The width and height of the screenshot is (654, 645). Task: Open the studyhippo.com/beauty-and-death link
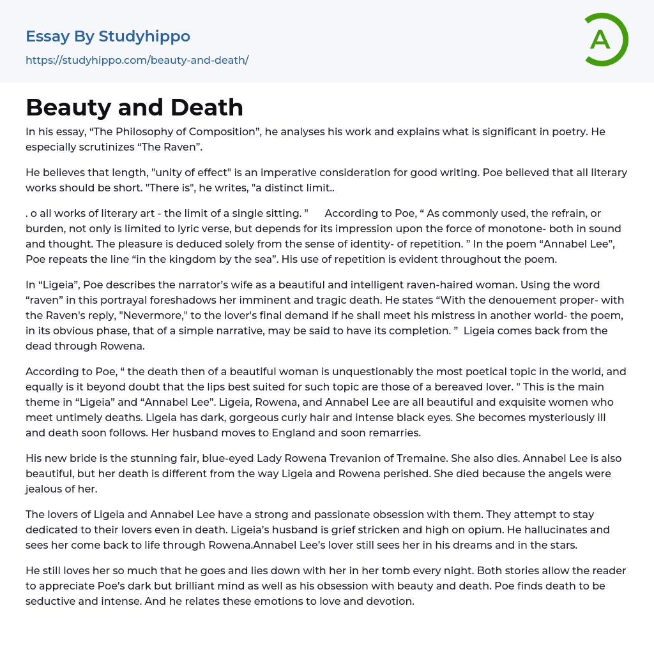click(137, 60)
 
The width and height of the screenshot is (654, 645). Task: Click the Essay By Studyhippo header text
click(108, 36)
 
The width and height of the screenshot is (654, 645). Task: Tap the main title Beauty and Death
click(134, 107)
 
